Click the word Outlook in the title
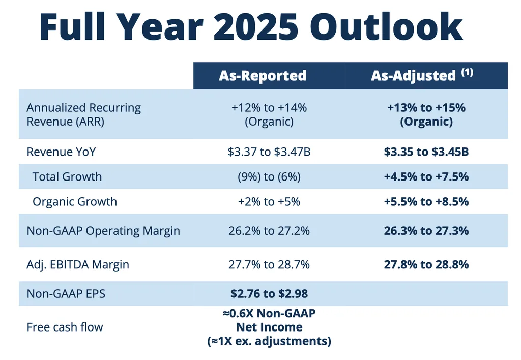pyautogui.click(x=387, y=26)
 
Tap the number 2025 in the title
pyautogui.click(x=255, y=26)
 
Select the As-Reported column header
pyautogui.click(x=263, y=76)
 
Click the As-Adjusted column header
pyautogui.click(x=413, y=76)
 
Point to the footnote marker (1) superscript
pyautogui.click(x=467, y=72)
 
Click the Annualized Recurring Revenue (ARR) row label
pyautogui.click(x=84, y=114)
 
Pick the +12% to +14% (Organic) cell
pyautogui.click(x=269, y=114)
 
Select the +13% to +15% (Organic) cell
pyautogui.click(x=426, y=114)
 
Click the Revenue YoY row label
pyautogui.click(x=61, y=152)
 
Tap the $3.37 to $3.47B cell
pyautogui.click(x=269, y=152)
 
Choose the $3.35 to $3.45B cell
pyautogui.click(x=426, y=152)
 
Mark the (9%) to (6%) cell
pyautogui.click(x=269, y=176)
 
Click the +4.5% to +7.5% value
pyautogui.click(x=426, y=176)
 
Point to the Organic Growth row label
pyautogui.click(x=75, y=201)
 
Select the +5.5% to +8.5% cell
pyautogui.click(x=426, y=201)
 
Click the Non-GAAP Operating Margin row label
pyautogui.click(x=103, y=231)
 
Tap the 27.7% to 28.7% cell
pyautogui.click(x=269, y=265)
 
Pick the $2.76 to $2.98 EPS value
pyautogui.click(x=269, y=293)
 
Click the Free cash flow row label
pyautogui.click(x=65, y=327)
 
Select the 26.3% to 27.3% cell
pyautogui.click(x=426, y=231)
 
